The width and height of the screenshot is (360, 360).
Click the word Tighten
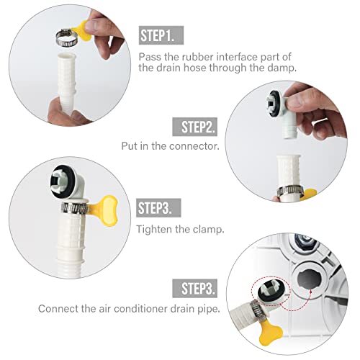pyautogui.click(x=153, y=229)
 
